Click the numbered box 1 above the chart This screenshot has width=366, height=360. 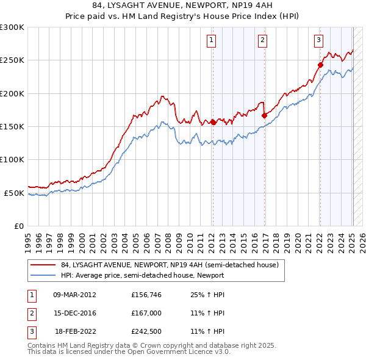pos(211,41)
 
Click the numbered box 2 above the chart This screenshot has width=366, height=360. pos(262,41)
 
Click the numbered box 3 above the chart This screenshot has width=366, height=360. pos(318,41)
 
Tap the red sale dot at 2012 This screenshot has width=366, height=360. pos(213,122)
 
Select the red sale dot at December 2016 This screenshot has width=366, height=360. pos(264,115)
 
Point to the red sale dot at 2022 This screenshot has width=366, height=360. pos(320,64)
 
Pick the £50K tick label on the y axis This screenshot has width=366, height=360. pos(14,193)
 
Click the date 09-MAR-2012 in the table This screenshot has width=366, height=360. pos(75,295)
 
